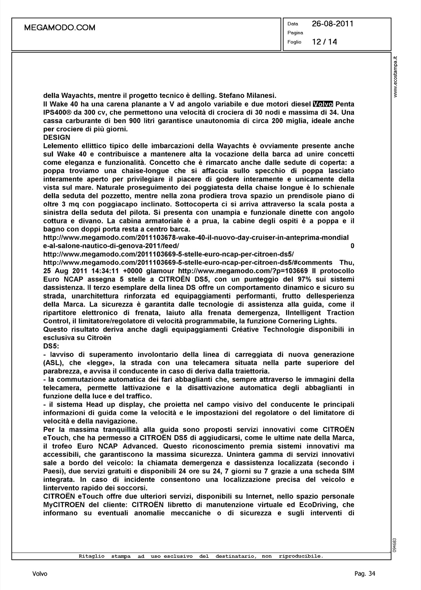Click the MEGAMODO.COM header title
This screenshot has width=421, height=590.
(60, 28)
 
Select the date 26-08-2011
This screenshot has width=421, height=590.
(332, 24)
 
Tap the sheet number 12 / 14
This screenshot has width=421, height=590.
(324, 42)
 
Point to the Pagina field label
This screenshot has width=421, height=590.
(295, 33)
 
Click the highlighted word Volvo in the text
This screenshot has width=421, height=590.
(323, 104)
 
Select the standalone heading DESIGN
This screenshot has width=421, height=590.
(57, 137)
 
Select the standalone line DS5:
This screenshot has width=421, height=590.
(51, 346)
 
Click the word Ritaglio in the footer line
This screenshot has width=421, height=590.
(92, 556)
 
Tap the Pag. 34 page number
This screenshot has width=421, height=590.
(365, 574)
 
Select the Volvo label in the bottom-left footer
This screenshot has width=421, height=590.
(40, 574)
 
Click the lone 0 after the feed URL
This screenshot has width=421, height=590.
(352, 246)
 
